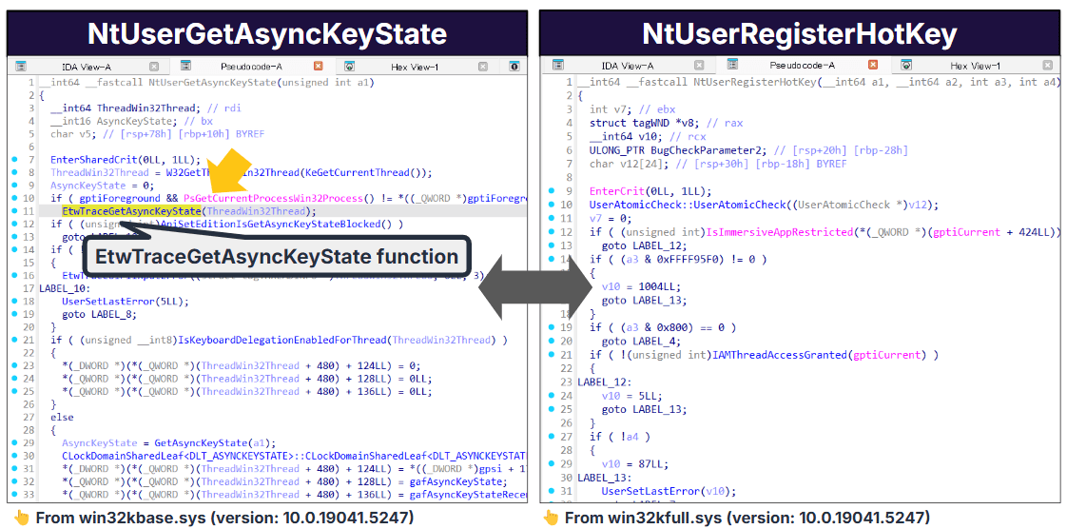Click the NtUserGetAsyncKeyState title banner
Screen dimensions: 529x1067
266,34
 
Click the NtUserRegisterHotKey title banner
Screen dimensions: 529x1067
799,34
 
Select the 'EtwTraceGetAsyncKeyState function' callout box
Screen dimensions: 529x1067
276,257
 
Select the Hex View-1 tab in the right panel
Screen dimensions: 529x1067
974,66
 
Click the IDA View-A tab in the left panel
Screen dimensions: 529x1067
86,67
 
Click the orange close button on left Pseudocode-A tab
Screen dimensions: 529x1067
319,67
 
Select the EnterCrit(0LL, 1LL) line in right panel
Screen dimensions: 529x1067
650,190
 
